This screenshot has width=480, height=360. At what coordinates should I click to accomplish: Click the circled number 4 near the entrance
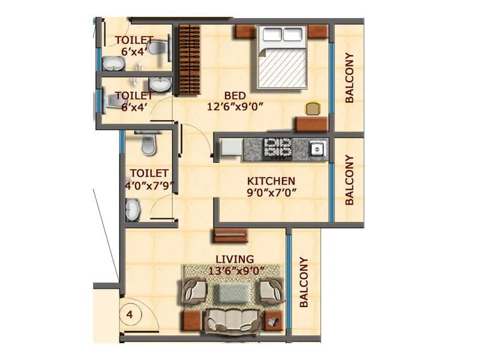click(129, 313)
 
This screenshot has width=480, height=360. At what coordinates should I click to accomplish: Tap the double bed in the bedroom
click(282, 57)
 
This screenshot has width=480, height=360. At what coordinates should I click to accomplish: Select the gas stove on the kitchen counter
click(278, 148)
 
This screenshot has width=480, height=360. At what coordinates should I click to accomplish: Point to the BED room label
click(235, 95)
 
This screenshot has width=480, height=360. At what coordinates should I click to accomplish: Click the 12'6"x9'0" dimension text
click(235, 107)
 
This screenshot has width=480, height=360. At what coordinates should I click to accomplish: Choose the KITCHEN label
click(272, 181)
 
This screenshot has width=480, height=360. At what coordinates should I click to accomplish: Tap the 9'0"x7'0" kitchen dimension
click(272, 193)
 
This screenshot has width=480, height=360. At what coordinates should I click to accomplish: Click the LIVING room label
click(235, 259)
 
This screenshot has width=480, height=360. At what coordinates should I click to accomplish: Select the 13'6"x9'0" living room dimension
click(235, 271)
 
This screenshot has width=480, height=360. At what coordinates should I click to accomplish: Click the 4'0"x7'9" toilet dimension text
click(148, 185)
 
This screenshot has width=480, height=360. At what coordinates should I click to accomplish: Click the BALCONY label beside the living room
click(304, 283)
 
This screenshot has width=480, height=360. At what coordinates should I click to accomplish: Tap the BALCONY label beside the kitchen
click(350, 181)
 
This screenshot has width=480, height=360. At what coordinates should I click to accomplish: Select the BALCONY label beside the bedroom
click(349, 79)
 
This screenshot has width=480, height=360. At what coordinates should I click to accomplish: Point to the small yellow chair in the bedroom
click(313, 109)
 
